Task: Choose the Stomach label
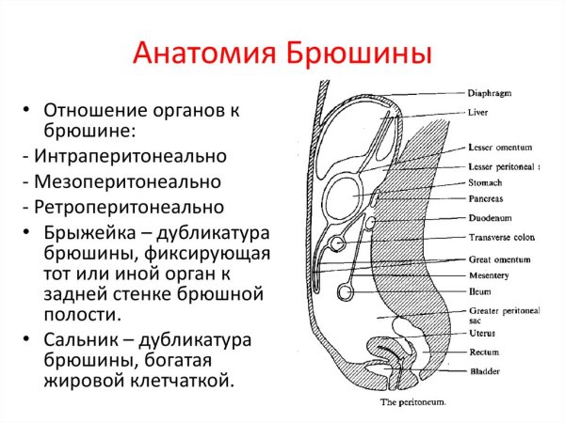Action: [x=485, y=183]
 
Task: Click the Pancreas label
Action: [x=486, y=199]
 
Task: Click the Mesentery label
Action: [x=489, y=274]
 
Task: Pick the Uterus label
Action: [x=481, y=333]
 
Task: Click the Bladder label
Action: [x=483, y=372]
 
